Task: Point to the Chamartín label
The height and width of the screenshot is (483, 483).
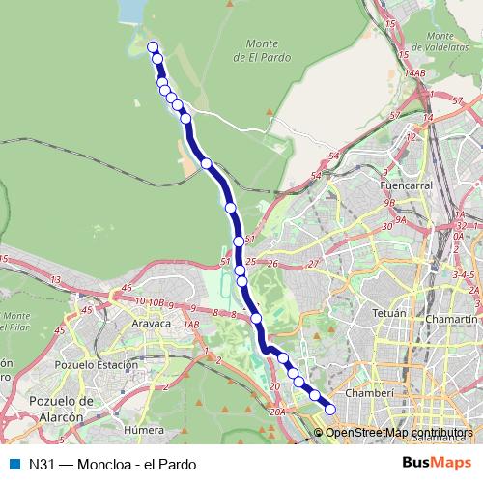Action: pos(453,318)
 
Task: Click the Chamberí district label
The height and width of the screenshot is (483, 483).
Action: pos(372,393)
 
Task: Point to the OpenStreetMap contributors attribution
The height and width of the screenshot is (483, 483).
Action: pos(398,432)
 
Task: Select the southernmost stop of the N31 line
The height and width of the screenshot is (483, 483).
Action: pos(329,409)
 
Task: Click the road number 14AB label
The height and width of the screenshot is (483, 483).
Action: pos(415,72)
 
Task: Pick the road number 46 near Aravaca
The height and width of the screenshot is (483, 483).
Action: pos(127,288)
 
